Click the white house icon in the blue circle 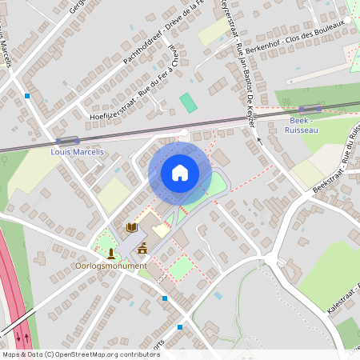pos(180,173)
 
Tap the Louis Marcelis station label pos(77,151)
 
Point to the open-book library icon pos(131,228)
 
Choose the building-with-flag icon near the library pos(142,247)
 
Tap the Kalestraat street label pos(343,297)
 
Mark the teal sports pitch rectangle pos(187,102)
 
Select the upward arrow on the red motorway pos(28,337)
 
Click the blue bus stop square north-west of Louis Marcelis pos(28,95)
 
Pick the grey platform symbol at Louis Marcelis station pos(68,140)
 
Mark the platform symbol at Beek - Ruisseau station pos(309,109)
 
